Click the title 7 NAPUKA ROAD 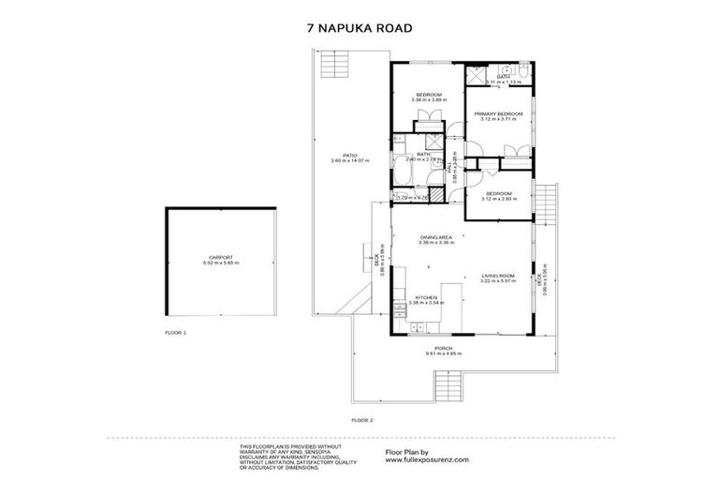(x=359, y=28)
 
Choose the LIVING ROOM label (x=498, y=277)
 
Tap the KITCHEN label (x=427, y=297)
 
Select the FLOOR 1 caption (x=176, y=333)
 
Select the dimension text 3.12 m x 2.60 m (x=498, y=198)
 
